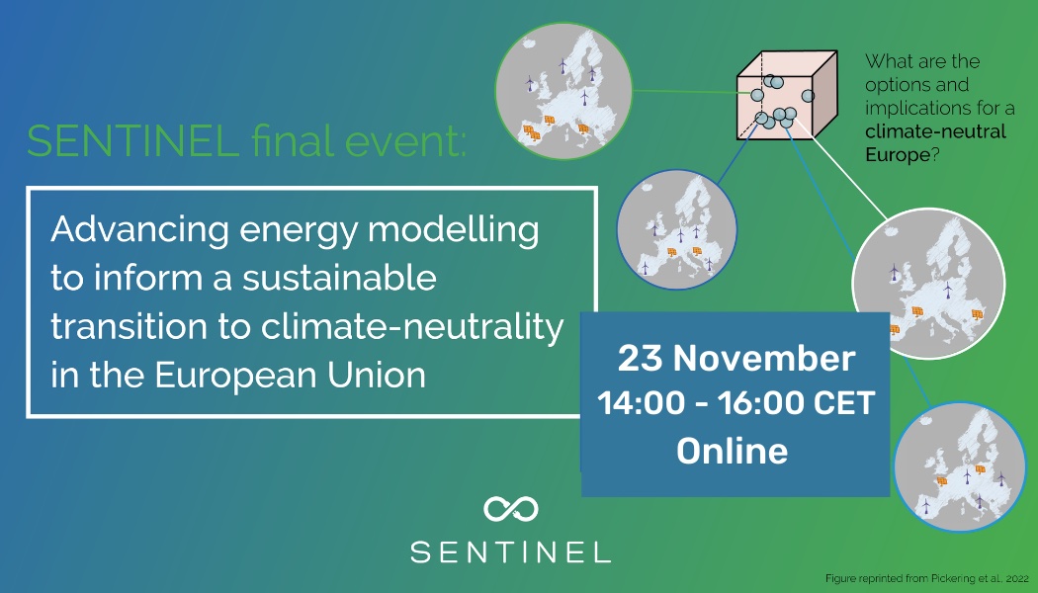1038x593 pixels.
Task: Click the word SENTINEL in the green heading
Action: (x=132, y=143)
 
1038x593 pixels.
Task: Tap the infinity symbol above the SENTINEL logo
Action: (x=510, y=509)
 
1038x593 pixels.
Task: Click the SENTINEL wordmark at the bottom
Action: (x=510, y=551)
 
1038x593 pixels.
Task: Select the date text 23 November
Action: (x=735, y=358)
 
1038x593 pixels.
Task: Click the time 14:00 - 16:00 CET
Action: (x=735, y=403)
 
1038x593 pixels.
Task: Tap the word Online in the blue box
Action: (x=733, y=451)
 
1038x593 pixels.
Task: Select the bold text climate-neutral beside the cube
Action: (x=935, y=131)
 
